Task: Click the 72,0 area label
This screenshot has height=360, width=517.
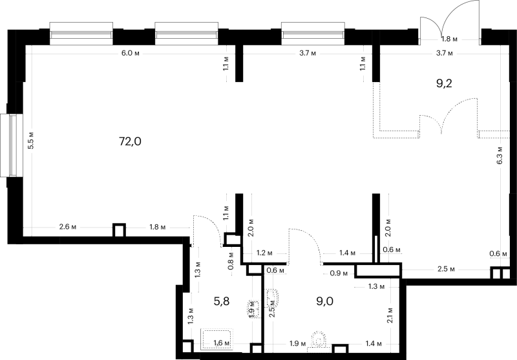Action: [131, 142]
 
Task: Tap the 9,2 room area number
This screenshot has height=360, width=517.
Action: [444, 83]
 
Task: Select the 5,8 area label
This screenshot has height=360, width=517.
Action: [222, 301]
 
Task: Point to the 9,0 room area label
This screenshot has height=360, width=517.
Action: [325, 301]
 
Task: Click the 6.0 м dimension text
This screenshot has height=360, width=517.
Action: [131, 53]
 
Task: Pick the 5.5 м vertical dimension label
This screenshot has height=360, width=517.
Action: [30, 140]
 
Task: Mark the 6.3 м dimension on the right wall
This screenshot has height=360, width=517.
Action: [500, 155]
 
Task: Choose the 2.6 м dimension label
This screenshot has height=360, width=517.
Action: [68, 227]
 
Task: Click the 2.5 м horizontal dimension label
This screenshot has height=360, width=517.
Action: [446, 270]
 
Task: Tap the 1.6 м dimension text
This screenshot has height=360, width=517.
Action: [222, 343]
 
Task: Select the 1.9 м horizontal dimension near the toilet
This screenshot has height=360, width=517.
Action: [297, 344]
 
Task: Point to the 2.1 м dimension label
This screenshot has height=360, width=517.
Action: [390, 315]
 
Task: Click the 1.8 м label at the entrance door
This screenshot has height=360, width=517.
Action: [449, 39]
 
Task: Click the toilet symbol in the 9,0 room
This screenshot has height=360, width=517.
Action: [319, 340]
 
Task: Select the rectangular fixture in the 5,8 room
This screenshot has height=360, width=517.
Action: [217, 339]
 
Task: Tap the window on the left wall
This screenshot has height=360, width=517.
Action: [12, 145]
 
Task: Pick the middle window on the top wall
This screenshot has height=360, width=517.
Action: [186, 34]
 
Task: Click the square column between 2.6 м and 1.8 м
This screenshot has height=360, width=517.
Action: [119, 230]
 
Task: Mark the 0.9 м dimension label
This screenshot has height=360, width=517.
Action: [339, 273]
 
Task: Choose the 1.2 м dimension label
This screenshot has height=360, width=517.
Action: [264, 253]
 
